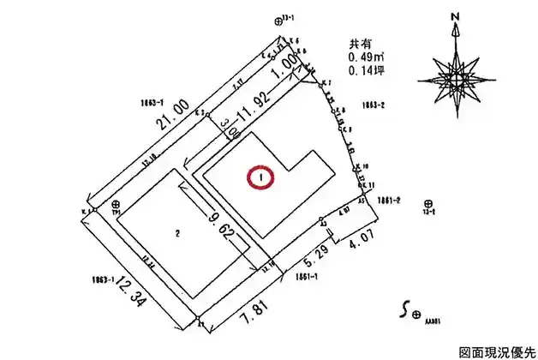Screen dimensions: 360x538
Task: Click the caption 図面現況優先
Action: point(494,351)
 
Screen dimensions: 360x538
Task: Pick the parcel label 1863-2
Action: point(372,105)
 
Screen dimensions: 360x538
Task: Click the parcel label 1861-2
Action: point(390,201)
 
